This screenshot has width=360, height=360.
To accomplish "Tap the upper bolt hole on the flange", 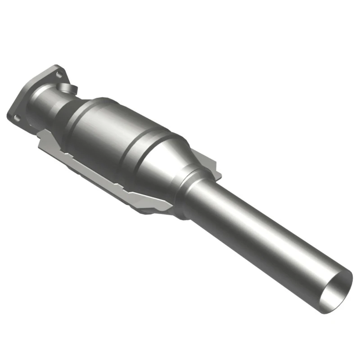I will [56, 70].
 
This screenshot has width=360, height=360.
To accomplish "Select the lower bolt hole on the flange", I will [17, 118].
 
